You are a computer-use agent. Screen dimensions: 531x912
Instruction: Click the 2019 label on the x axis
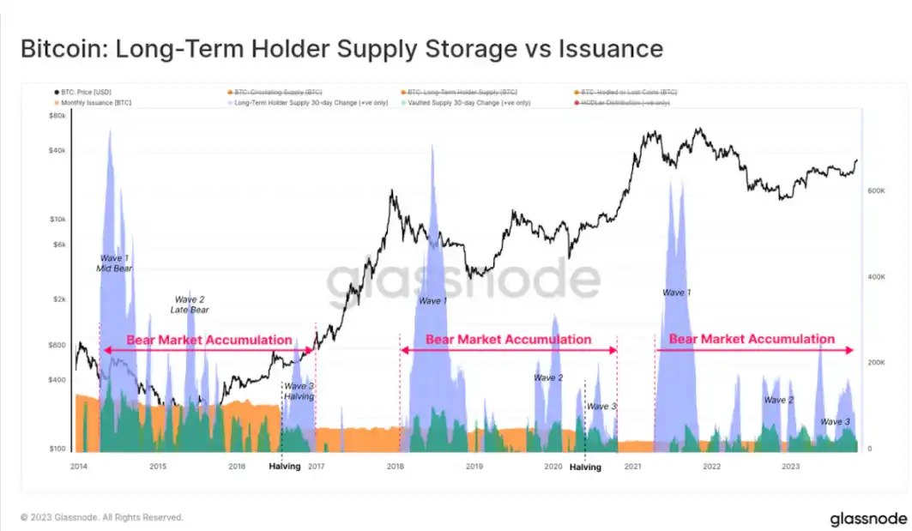pos(474,467)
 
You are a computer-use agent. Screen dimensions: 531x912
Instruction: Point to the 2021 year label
pos(632,467)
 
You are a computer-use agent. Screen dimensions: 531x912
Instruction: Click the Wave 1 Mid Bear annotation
pos(113,262)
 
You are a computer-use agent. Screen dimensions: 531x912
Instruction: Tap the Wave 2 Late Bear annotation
pos(190,305)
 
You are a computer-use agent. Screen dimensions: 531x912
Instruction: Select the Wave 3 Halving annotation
pos(299,391)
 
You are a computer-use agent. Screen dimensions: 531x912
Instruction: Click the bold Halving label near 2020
pos(586,467)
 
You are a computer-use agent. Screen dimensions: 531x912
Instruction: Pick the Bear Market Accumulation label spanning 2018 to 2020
pos(508,340)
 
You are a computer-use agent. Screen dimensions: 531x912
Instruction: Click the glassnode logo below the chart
pos(868,518)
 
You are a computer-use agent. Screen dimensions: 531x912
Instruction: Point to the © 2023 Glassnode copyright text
pos(102,517)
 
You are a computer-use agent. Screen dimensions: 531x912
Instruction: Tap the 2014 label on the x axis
pos(78,467)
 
